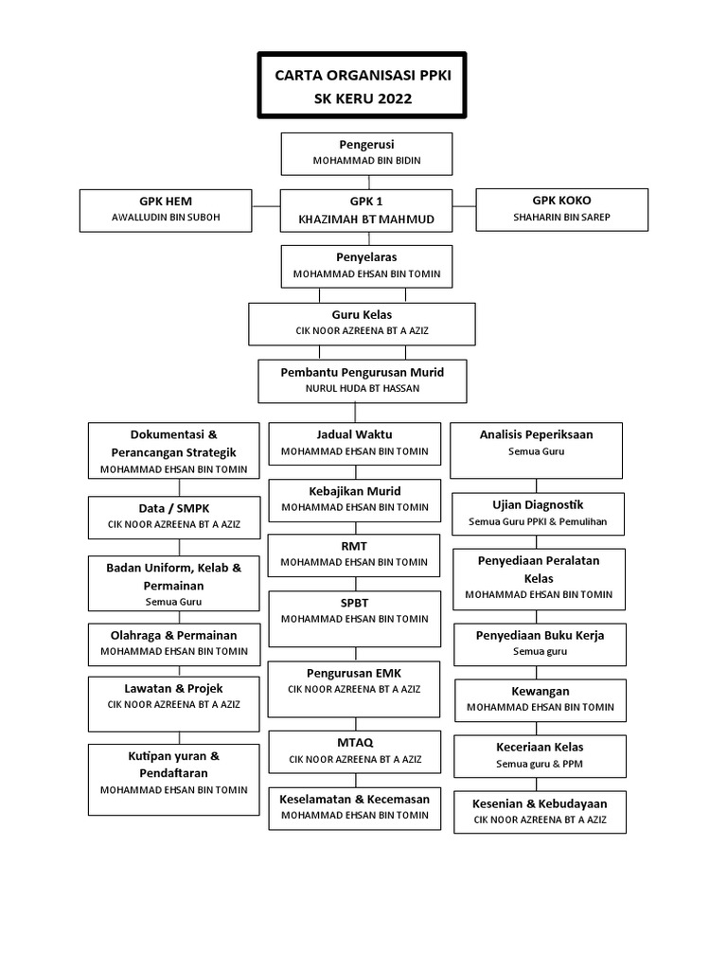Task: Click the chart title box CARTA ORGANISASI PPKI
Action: [x=362, y=85]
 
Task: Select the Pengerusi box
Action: [x=366, y=154]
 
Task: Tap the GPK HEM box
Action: [x=166, y=211]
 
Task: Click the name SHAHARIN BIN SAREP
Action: [x=561, y=217]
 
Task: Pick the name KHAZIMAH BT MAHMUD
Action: [x=366, y=220]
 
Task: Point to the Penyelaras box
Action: [x=366, y=266]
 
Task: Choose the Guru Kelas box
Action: [x=362, y=324]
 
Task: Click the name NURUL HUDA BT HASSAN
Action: [x=363, y=388]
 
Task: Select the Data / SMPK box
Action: [x=174, y=518]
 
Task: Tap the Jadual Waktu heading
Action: [x=354, y=434]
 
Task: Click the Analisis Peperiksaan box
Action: [x=536, y=449]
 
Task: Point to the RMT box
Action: [x=354, y=555]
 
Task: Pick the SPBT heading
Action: [x=354, y=603]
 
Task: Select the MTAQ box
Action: [x=355, y=752]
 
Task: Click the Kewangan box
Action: [x=541, y=701]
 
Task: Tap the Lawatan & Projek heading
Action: [x=173, y=689]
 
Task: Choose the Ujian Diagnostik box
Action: [x=538, y=514]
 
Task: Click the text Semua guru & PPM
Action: [x=539, y=764]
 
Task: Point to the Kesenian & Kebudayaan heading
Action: [x=540, y=803]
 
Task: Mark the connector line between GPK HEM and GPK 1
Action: [x=266, y=205]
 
